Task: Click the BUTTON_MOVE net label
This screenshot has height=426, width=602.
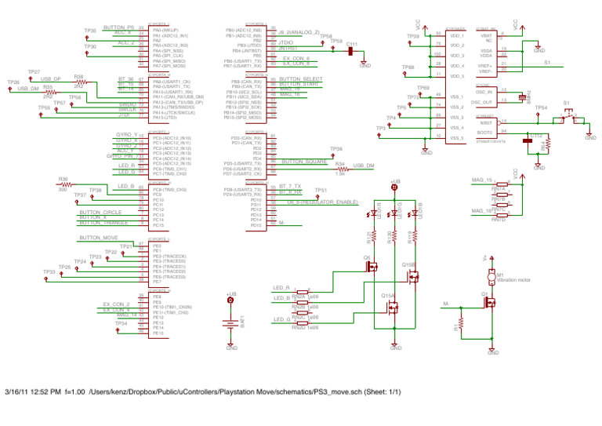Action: pyautogui.click(x=99, y=237)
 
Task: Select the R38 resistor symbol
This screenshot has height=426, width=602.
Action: pyautogui.click(x=78, y=82)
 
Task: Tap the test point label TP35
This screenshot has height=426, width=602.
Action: pyautogui.click(x=90, y=31)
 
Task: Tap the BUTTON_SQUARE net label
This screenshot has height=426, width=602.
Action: pyautogui.click(x=303, y=161)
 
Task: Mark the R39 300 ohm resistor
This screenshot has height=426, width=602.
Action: pyautogui.click(x=64, y=184)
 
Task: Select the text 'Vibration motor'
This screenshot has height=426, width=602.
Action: pyautogui.click(x=514, y=279)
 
